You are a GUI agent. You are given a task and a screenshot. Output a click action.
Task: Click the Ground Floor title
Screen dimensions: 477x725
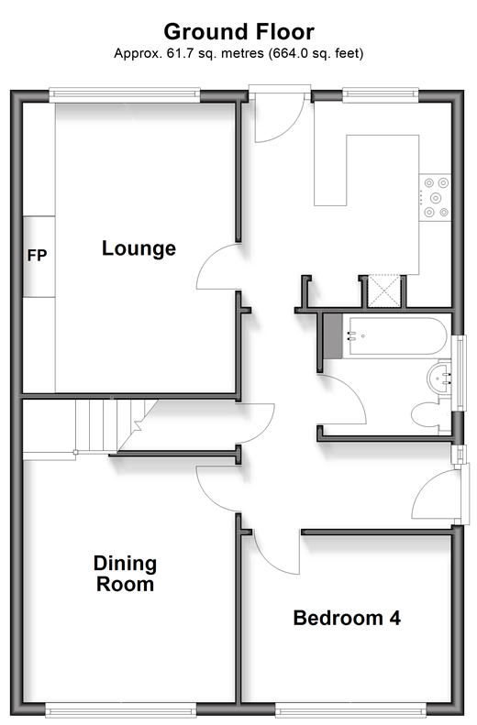(x=238, y=32)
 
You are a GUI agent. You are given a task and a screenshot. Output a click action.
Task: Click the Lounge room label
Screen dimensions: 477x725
(x=139, y=248)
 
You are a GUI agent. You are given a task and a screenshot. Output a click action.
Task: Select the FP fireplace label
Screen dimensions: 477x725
(x=37, y=255)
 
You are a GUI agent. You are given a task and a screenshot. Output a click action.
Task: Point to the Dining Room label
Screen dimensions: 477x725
(x=126, y=574)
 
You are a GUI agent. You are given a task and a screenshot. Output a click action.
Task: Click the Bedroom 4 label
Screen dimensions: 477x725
(x=347, y=618)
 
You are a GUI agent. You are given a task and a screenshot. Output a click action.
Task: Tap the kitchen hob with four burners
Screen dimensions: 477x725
(x=435, y=197)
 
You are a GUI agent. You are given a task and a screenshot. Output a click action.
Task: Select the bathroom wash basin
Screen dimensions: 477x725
(x=439, y=379)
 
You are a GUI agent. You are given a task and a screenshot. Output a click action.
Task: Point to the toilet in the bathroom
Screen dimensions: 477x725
(x=430, y=415)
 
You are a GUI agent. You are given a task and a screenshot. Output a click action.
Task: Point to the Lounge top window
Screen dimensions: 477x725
(x=125, y=95)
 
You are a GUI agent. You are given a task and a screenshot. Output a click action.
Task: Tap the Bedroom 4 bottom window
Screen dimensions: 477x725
(x=350, y=709)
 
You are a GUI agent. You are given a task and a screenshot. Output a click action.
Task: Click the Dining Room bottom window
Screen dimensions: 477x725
(x=121, y=709)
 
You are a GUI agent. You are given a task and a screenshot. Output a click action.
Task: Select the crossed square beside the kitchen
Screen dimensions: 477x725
(x=383, y=291)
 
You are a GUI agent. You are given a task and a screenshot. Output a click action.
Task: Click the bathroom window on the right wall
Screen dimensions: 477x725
(x=460, y=373)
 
